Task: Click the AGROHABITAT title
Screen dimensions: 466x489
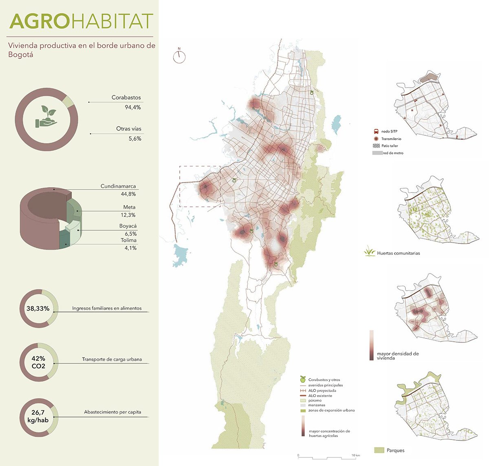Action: (x=81, y=22)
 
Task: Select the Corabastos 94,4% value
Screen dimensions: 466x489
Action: (x=133, y=107)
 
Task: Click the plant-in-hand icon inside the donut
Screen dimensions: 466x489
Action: (x=46, y=118)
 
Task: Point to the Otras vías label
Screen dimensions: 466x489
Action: (x=128, y=129)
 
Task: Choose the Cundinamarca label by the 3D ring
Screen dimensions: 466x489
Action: (x=118, y=186)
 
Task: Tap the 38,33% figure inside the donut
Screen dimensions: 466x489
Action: (x=38, y=309)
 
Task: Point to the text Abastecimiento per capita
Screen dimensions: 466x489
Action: (x=112, y=412)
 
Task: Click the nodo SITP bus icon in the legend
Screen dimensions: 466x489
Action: (x=376, y=132)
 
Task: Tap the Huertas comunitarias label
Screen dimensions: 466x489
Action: (x=398, y=253)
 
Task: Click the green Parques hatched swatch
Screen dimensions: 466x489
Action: (x=379, y=450)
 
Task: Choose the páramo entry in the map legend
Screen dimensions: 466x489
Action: (x=315, y=400)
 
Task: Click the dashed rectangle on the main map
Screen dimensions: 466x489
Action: (x=200, y=186)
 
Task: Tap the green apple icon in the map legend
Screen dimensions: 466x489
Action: (x=302, y=379)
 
